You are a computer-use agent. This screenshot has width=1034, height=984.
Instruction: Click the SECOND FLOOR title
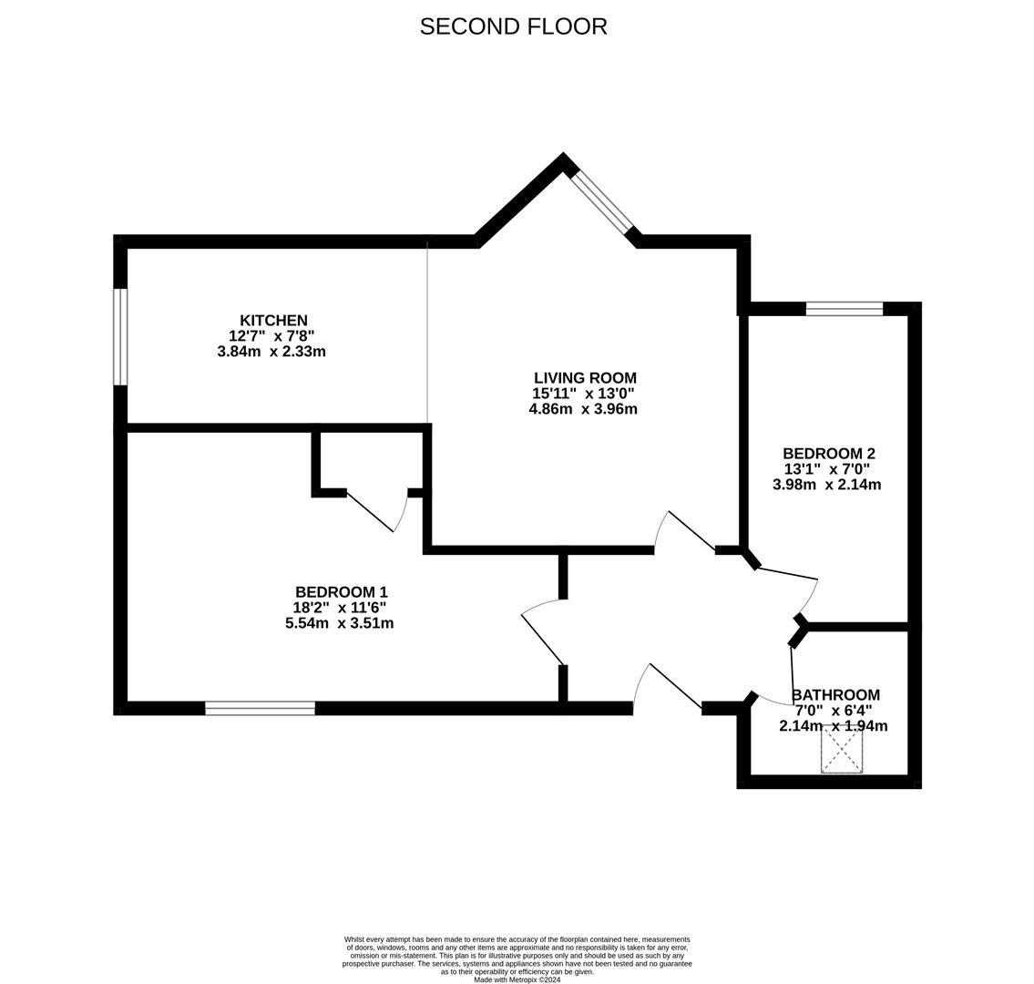(513, 26)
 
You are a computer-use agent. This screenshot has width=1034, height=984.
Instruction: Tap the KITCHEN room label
(273, 321)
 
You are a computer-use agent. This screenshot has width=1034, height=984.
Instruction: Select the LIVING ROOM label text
(585, 378)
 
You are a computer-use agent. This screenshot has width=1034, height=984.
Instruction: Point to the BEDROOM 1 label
(341, 592)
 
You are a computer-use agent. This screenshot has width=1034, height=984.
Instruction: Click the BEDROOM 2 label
(828, 454)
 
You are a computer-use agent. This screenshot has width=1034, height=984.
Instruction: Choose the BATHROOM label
(835, 695)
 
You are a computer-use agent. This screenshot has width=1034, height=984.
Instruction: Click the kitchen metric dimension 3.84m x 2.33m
(271, 352)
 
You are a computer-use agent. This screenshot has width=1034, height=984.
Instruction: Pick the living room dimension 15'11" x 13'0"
(583, 394)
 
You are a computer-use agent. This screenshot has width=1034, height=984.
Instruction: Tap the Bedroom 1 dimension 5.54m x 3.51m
(339, 623)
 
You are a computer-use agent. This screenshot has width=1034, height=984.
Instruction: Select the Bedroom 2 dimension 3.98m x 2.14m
(826, 485)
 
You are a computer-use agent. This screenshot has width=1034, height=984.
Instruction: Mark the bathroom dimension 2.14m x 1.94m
(833, 726)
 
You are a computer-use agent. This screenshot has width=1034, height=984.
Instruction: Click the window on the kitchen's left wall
(120, 336)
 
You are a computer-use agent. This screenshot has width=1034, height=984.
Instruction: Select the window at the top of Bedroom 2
(844, 309)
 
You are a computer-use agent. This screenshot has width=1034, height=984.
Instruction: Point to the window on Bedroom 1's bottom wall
(260, 708)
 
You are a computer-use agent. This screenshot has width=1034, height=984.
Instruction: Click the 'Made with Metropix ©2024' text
(517, 979)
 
